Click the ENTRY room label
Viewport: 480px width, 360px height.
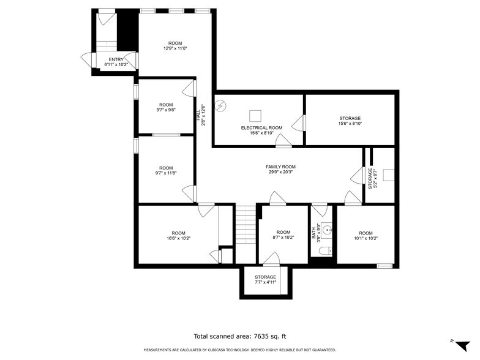[x=116, y=59]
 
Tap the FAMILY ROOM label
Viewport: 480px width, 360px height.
[x=280, y=167]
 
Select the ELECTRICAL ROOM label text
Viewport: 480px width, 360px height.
[x=261, y=127]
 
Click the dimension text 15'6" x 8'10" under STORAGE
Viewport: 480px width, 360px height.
[x=350, y=124]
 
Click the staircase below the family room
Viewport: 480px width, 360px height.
[x=245, y=233]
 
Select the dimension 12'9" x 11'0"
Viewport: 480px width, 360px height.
[x=175, y=48]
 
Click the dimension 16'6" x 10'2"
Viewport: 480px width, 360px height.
[x=178, y=238]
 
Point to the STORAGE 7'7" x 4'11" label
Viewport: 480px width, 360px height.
[x=265, y=280]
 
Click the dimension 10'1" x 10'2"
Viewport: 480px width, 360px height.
[x=366, y=238]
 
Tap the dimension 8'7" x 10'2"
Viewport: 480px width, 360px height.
[x=283, y=238]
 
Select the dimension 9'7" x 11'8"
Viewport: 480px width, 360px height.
[x=166, y=173]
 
